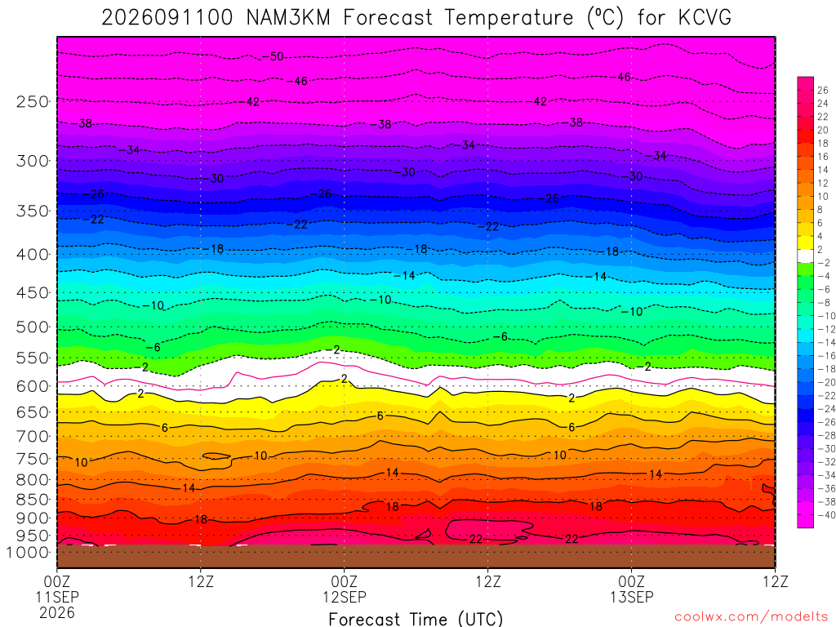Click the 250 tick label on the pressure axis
coord(33,101)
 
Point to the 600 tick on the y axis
coord(33,386)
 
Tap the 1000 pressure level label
coord(28,553)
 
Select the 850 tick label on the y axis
coord(33,500)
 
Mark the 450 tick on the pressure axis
coord(33,293)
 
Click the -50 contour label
coord(273,56)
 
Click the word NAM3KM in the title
coord(288,18)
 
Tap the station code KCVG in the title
coord(705,18)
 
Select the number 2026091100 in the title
coord(167,18)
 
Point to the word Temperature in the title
coord(509,18)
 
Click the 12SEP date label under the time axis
coord(345,597)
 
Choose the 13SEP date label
coord(632,597)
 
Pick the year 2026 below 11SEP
coord(57,612)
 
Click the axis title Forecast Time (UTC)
coord(416,619)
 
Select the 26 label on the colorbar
coord(823,90)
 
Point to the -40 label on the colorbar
coord(826,515)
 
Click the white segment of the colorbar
coord(806,256)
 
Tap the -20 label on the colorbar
coord(826,382)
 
